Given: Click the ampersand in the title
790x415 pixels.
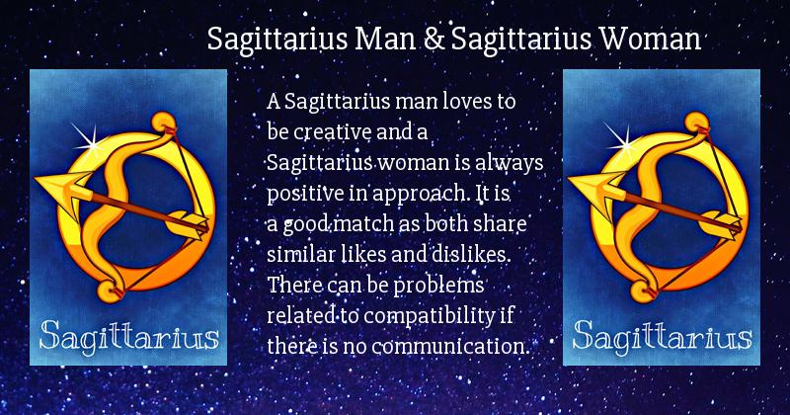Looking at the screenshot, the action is point(434,39).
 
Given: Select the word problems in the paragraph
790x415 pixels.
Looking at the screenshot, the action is point(438,286).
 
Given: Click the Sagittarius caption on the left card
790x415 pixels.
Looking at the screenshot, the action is point(129,336).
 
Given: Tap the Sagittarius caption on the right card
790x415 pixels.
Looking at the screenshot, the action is point(662,336).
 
